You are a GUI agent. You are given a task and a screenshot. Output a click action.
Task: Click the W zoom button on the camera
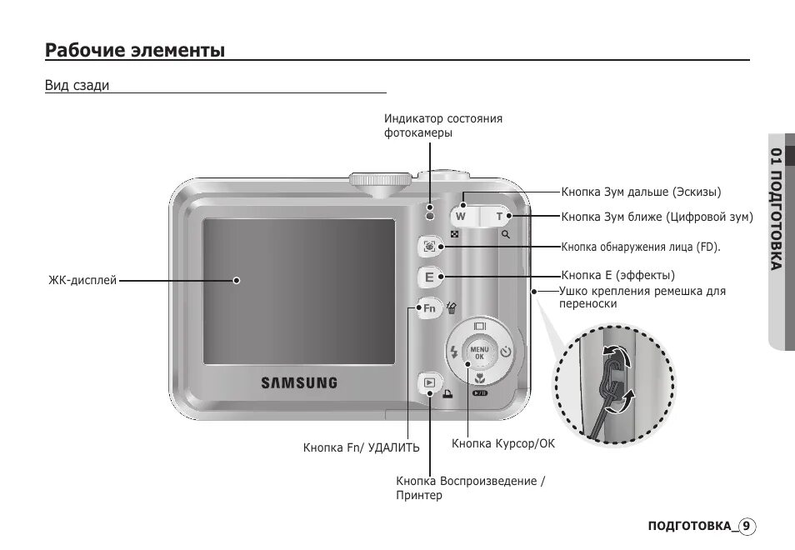pos(460,217)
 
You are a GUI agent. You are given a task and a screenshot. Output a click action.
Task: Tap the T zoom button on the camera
pos(499,217)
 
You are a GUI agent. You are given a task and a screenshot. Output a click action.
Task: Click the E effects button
pos(429,277)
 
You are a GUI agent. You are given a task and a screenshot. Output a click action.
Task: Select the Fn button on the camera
pos(429,308)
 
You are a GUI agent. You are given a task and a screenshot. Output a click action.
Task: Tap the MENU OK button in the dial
pos(479,352)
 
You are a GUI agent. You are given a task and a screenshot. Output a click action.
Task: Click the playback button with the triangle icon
pos(429,384)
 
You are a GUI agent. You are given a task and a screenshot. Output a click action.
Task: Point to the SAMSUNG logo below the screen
pos(299,383)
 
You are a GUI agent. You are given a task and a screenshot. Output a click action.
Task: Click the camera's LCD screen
pos(299,290)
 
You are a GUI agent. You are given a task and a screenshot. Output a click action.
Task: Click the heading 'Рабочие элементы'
pos(135,51)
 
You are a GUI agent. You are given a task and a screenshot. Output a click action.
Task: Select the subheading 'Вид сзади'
pos(77,85)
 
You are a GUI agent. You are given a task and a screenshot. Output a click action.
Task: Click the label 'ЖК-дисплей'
pos(82,281)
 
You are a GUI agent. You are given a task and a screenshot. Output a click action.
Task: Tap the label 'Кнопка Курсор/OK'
pos(502,444)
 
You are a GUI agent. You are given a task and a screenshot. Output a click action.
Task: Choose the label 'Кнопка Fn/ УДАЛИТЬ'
pos(361,448)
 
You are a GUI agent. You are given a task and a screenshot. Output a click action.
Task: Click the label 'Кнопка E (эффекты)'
pos(617,275)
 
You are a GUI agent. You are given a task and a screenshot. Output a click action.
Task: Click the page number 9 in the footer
pos(747,526)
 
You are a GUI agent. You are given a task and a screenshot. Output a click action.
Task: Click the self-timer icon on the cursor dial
pos(505,352)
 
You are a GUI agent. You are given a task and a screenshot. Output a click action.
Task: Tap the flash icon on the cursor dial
pos(454,352)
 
